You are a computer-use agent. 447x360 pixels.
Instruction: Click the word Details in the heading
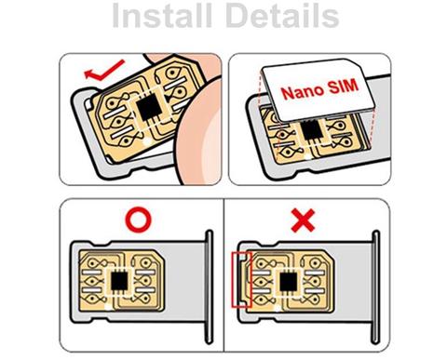click(x=284, y=18)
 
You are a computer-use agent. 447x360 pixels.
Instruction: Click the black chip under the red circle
click(x=122, y=281)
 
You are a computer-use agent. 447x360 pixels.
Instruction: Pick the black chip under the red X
click(x=284, y=282)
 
